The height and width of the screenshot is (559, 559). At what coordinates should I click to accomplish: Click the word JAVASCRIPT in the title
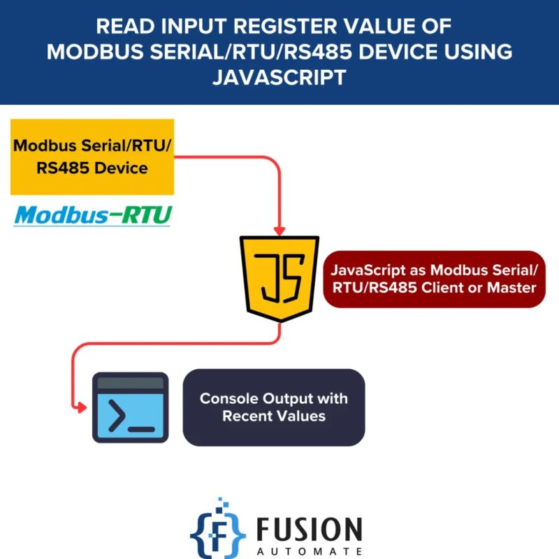coord(279,77)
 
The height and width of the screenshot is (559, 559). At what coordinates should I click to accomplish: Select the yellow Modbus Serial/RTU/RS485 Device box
coord(92,157)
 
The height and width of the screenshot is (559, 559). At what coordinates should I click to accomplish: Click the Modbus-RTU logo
coord(92,215)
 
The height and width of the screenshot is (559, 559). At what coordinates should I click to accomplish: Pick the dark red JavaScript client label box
coord(434,278)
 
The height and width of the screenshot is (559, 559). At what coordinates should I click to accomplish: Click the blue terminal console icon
coord(131,407)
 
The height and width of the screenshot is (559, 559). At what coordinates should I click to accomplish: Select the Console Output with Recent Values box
coord(274,407)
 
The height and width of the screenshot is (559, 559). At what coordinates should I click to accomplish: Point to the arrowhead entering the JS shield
coord(279,231)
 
